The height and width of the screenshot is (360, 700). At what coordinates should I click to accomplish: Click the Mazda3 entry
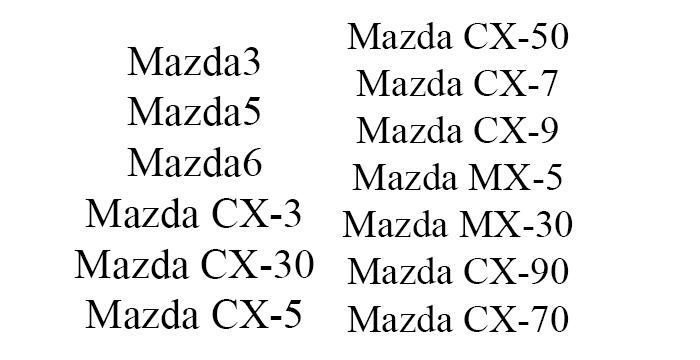[x=194, y=63]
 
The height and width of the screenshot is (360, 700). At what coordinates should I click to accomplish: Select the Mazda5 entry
[x=194, y=113]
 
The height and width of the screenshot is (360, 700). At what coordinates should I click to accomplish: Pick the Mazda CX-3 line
[x=194, y=214]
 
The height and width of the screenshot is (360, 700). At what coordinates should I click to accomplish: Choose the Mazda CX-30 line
[x=194, y=265]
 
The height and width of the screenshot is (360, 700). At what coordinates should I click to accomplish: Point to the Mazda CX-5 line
[x=194, y=315]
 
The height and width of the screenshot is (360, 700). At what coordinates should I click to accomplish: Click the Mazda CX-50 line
[x=458, y=38]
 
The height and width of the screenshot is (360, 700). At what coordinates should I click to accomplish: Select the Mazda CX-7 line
[x=458, y=84]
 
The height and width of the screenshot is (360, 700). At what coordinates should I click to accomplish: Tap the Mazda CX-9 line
[x=458, y=131]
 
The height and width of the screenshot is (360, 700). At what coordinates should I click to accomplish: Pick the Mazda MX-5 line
[x=458, y=178]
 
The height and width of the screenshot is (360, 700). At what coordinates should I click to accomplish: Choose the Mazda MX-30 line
[x=458, y=225]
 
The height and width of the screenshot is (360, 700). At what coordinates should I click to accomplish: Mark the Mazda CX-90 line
[x=458, y=272]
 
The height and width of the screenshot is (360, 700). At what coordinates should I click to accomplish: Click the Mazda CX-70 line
[x=458, y=320]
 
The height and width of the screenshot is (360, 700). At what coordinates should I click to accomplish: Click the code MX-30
[x=516, y=225]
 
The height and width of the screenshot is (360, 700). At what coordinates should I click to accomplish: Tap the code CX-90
[x=517, y=272]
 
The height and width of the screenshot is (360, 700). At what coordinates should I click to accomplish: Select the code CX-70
[x=517, y=320]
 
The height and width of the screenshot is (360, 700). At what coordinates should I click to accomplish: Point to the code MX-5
[x=511, y=178]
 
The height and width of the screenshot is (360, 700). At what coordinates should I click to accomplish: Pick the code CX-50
[x=517, y=38]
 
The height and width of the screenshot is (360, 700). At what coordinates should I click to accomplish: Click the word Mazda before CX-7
[x=405, y=84]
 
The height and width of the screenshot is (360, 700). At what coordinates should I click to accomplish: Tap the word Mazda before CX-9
[x=405, y=131]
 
